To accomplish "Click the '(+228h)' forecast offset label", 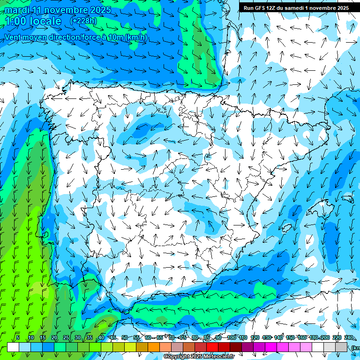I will [83, 21].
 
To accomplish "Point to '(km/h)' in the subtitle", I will [136, 37].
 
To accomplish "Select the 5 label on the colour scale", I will [18, 338].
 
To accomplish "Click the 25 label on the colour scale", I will [66, 338].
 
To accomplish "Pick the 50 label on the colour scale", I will [125, 338].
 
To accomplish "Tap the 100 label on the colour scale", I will [231, 338].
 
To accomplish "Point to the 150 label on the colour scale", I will [290, 338].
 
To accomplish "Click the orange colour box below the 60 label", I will [142, 347].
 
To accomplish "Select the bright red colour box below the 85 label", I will [201, 347].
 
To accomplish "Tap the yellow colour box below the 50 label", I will [119, 347].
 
